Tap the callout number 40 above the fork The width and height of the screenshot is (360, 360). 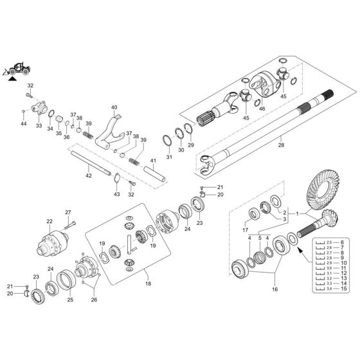tap(114, 107)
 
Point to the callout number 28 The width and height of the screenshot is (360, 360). tap(280, 146)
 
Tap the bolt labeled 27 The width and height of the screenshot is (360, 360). tap(70, 224)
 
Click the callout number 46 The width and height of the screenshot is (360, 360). tap(262, 110)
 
